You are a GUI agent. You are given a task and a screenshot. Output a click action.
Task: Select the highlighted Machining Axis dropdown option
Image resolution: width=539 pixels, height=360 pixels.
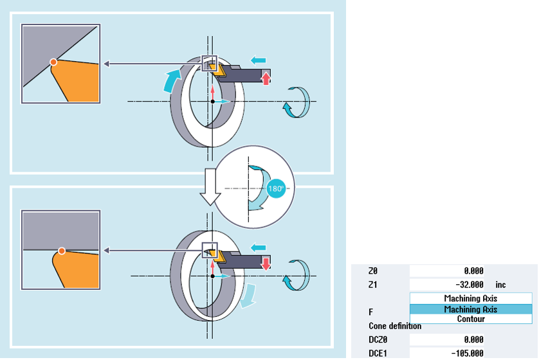(471, 309)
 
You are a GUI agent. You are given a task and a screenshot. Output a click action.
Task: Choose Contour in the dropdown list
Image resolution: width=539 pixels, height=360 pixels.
(471, 319)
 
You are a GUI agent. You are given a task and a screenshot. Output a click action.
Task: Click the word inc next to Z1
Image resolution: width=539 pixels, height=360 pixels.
(500, 284)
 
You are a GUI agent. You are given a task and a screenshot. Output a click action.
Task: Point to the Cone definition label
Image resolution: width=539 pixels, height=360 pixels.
(395, 326)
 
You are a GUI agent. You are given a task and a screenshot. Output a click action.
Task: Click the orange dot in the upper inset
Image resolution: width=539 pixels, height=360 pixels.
(53, 62)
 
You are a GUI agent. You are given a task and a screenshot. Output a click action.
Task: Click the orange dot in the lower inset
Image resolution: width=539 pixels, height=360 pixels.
(61, 250)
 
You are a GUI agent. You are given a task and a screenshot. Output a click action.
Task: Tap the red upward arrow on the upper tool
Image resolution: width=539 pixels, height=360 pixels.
(266, 77)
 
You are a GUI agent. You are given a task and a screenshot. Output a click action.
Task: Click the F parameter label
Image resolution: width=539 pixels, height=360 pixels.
(371, 311)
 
